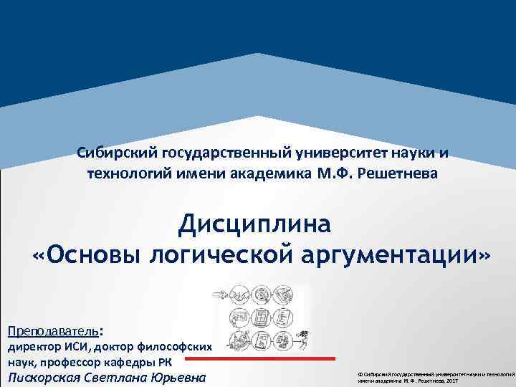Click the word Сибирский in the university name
[118, 153]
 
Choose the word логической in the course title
[216, 255]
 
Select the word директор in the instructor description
[33, 346]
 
